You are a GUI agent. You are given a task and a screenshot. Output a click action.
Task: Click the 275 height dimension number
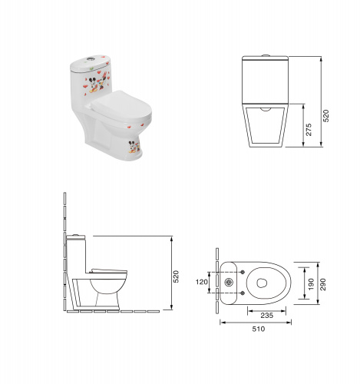pyautogui.click(x=309, y=130)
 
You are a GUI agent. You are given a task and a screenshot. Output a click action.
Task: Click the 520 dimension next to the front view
pyautogui.click(x=326, y=116)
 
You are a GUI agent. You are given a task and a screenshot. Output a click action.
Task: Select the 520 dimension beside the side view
pyautogui.click(x=176, y=276)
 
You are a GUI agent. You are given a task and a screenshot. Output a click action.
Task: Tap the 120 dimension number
pyautogui.click(x=202, y=282)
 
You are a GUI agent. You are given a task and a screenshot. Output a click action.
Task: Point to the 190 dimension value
pyautogui.click(x=311, y=284)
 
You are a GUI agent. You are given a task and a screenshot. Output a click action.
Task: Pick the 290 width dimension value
pyautogui.click(x=323, y=284)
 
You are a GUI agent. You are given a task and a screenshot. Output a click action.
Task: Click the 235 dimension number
pyautogui.click(x=267, y=316)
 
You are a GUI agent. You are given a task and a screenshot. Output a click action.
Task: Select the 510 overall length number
pyautogui.click(x=259, y=329)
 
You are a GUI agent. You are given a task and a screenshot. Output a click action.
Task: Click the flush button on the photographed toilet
pyautogui.click(x=90, y=58)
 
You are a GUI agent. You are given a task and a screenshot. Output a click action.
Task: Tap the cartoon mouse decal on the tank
pyautogui.click(x=97, y=82)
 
